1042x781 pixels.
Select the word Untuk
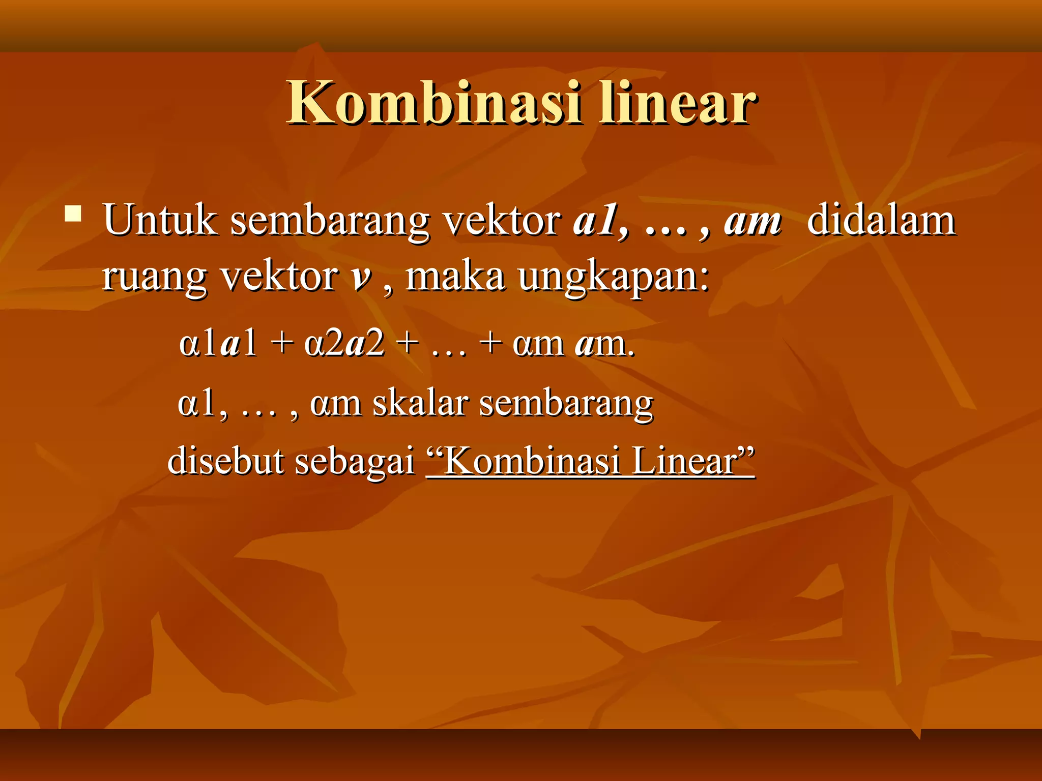pyautogui.click(x=160, y=220)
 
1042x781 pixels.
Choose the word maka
pyautogui.click(x=455, y=277)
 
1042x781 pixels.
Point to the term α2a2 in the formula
pyautogui.click(x=344, y=344)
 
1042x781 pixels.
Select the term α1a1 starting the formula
pyautogui.click(x=218, y=344)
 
